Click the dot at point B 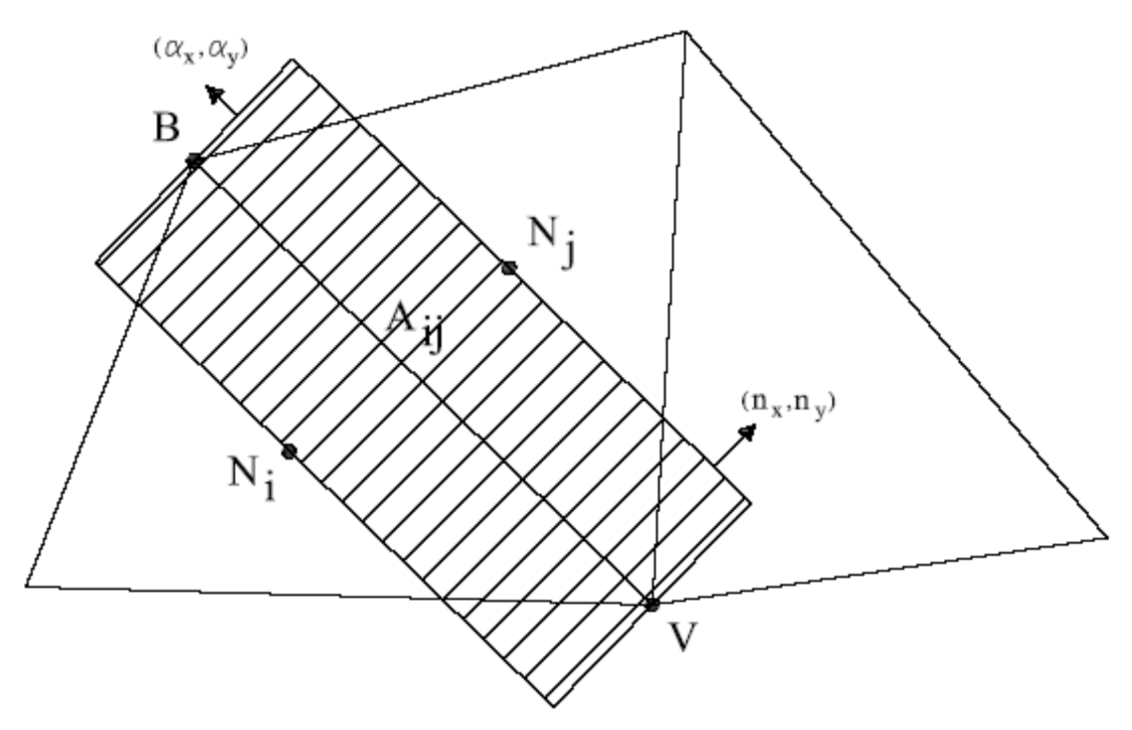point(194,159)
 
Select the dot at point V point(652,604)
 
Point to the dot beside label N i point(289,452)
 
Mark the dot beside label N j point(509,267)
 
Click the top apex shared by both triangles point(685,32)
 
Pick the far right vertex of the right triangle point(1107,538)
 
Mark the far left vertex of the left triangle point(26,586)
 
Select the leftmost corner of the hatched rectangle point(96,263)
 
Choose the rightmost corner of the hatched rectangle point(750,501)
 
